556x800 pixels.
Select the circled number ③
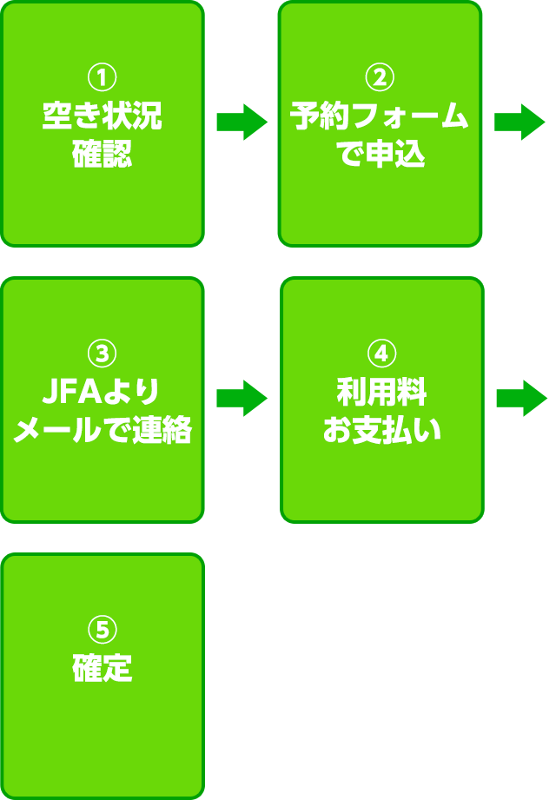pos(103,354)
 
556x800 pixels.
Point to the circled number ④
pos(382,354)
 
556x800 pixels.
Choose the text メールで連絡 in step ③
pos(103,431)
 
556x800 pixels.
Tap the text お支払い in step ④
pos(382,431)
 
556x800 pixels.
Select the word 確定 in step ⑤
pos(103,669)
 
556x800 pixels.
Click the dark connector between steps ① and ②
pos(242,122)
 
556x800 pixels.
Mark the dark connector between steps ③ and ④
pos(242,398)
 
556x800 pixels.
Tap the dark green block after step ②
pos(520,122)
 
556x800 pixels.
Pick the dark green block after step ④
pos(521,398)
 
